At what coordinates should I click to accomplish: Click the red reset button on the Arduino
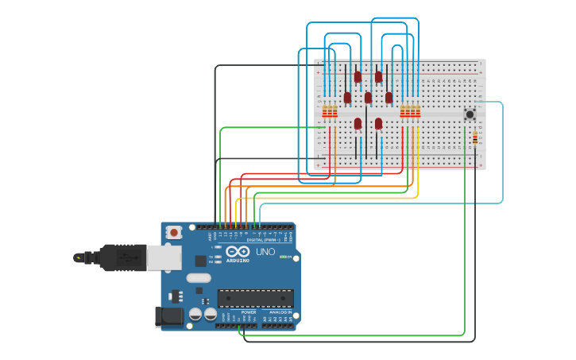coord(174,233)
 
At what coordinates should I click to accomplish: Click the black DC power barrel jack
coord(168,316)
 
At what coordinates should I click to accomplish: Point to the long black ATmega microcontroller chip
coord(255,299)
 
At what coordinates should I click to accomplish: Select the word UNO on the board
coord(265,252)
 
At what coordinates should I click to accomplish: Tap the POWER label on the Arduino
coord(248,312)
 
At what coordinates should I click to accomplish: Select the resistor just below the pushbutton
coord(475,138)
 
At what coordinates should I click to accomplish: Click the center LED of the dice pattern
coord(368,98)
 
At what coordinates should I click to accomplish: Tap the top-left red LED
coord(358,77)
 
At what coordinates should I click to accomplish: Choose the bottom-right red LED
coord(378,123)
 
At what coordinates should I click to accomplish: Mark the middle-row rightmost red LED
coord(389,98)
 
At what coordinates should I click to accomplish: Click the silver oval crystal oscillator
coord(199,278)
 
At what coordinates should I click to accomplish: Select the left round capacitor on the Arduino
coord(195,315)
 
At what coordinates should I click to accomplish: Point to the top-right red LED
coord(379,77)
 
